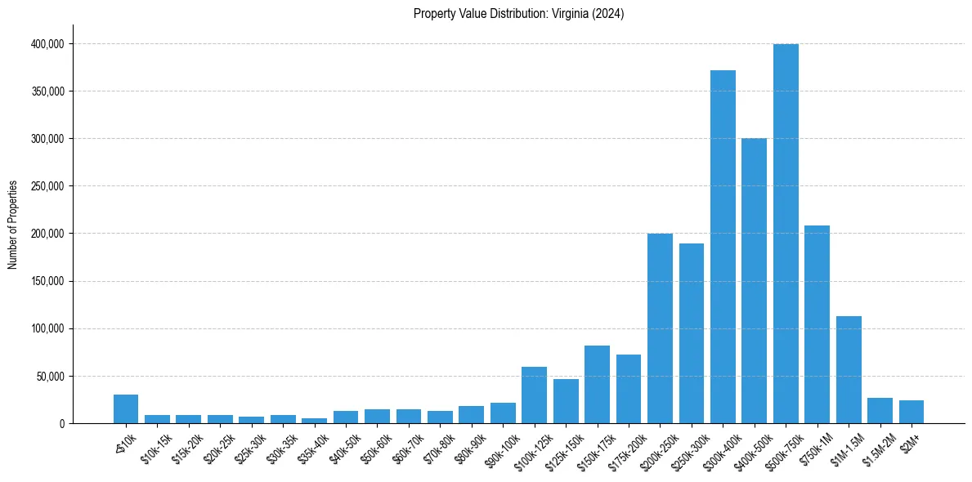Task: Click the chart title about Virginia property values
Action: click(518, 14)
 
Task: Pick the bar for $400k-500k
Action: click(754, 281)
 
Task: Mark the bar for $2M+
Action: click(912, 412)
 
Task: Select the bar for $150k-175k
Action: click(597, 384)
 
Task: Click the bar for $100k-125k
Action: click(534, 395)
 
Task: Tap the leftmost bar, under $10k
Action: click(126, 409)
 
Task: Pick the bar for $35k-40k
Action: click(314, 421)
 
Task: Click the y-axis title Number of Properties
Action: click(13, 224)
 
